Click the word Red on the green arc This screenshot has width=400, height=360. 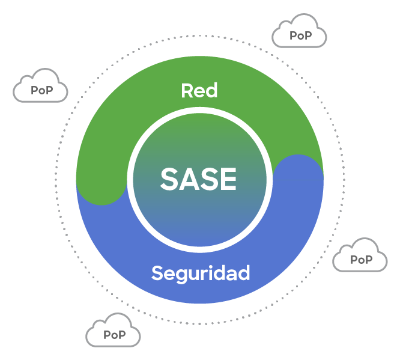[x=199, y=90]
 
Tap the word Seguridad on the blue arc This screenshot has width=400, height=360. [x=201, y=273]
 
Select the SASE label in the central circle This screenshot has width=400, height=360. [x=198, y=178]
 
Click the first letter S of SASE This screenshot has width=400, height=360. [x=169, y=178]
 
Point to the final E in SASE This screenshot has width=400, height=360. [x=228, y=178]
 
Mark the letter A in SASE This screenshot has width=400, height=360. [x=189, y=178]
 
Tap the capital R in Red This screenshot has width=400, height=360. [x=187, y=90]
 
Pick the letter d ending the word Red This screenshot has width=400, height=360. [x=211, y=90]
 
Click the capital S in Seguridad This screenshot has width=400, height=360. [x=157, y=273]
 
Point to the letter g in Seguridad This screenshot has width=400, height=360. [x=181, y=276]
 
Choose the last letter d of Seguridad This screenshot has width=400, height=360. [x=244, y=273]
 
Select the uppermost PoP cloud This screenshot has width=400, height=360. [x=299, y=31]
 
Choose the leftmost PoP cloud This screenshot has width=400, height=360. [x=40, y=86]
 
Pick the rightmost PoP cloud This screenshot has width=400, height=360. [x=360, y=255]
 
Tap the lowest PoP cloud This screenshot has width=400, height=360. [x=113, y=330]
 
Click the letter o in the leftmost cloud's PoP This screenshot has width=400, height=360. [x=42, y=91]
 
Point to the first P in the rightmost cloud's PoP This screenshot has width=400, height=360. [x=354, y=260]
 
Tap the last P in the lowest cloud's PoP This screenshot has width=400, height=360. [x=122, y=335]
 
